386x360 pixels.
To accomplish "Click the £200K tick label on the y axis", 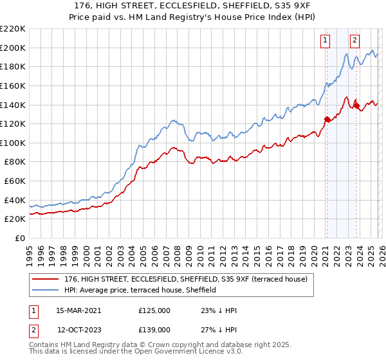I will (x=13, y=48).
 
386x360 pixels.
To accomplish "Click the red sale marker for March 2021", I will (x=327, y=119).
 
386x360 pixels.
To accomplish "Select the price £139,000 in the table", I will (x=154, y=328).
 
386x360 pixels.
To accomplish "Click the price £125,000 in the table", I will (x=154, y=310).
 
